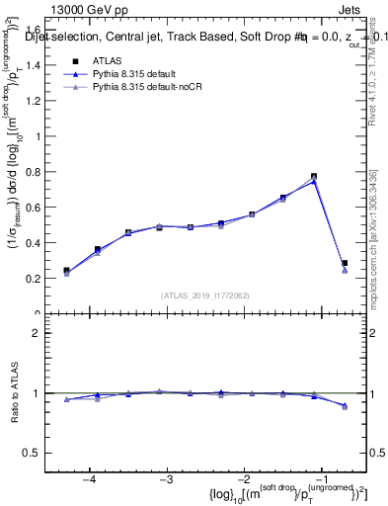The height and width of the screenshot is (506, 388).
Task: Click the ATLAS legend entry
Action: [x=108, y=61]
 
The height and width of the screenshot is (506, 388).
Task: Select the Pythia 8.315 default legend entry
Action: [x=132, y=74]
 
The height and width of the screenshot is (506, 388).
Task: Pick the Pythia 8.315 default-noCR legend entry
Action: [x=140, y=88]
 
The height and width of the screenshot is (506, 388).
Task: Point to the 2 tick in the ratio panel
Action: [x=43, y=334]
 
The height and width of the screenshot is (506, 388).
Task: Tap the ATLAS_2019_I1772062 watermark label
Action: [x=206, y=295]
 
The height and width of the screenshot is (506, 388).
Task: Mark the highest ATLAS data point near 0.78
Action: [x=314, y=177]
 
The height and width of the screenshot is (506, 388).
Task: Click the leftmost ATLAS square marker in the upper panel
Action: [x=66, y=270]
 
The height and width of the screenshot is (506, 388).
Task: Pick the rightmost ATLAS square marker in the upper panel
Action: [x=345, y=264]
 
